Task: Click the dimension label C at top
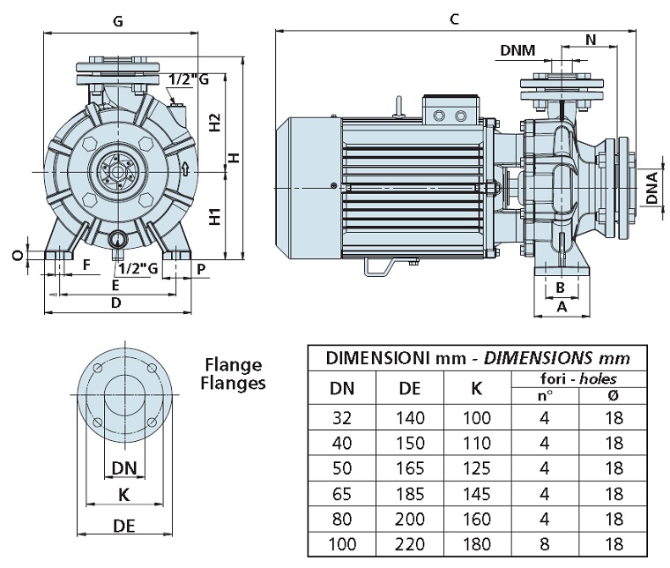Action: [x=455, y=19]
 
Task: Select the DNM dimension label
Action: [x=517, y=50]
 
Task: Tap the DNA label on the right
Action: [x=651, y=188]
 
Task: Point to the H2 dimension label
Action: [x=215, y=122]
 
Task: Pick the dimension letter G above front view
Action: [x=118, y=22]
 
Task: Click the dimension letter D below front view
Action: [x=115, y=303]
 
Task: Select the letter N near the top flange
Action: [x=591, y=39]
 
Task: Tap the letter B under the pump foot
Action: [x=558, y=287]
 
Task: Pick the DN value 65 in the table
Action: [x=341, y=492]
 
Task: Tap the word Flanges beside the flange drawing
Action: [x=233, y=384]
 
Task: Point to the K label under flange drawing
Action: [x=124, y=496]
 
